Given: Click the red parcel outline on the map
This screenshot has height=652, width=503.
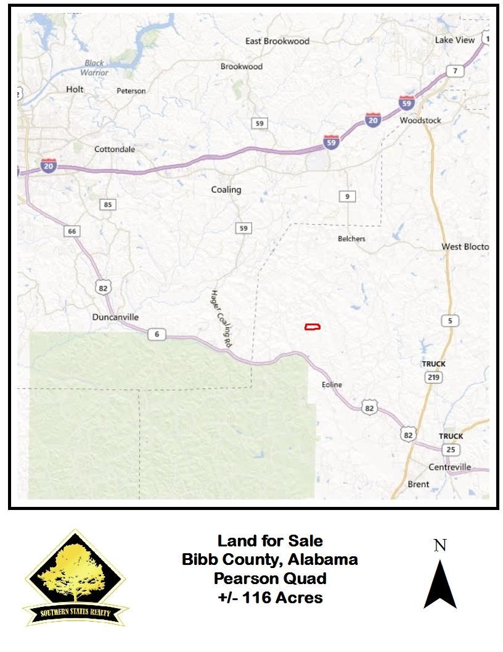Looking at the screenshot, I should tap(313, 327).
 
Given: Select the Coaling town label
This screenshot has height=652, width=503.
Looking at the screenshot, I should tap(226, 190).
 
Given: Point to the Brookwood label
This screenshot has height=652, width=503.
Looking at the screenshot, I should tap(242, 67).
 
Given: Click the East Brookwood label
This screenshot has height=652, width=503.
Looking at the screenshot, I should tap(277, 41).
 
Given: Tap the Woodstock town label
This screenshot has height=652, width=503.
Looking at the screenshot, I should tap(420, 120).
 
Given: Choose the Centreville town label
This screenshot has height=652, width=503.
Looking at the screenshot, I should tap(449, 467).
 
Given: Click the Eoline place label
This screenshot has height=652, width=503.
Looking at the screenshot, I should tap(332, 385).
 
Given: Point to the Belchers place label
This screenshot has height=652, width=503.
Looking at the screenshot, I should tap(351, 238).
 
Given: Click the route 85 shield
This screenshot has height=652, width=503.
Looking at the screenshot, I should tap(108, 204).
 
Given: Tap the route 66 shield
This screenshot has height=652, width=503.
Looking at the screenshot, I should tap(72, 231).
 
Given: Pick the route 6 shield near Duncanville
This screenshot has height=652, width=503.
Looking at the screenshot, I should tap(157, 334).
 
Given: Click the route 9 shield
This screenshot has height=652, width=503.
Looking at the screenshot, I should tap(348, 196).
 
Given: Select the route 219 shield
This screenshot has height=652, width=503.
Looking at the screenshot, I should tap(433, 376).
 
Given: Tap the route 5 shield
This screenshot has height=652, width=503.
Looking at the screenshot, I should tap(451, 320).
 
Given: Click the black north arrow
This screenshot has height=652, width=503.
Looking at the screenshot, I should tap(440, 583).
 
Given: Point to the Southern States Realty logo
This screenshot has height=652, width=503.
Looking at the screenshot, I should tap(75, 578).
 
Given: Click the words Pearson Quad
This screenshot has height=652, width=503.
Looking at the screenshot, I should tap(270, 579).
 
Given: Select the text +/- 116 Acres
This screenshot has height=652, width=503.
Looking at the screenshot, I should tap(270, 597).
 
